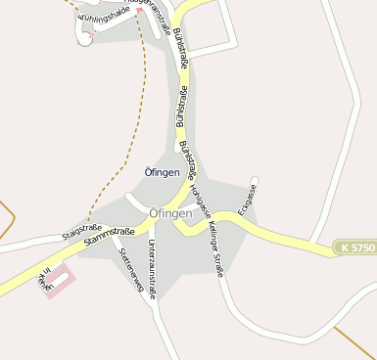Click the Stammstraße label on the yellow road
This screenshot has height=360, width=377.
(x=109, y=236)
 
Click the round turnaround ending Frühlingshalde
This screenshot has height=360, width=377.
(x=85, y=40)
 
